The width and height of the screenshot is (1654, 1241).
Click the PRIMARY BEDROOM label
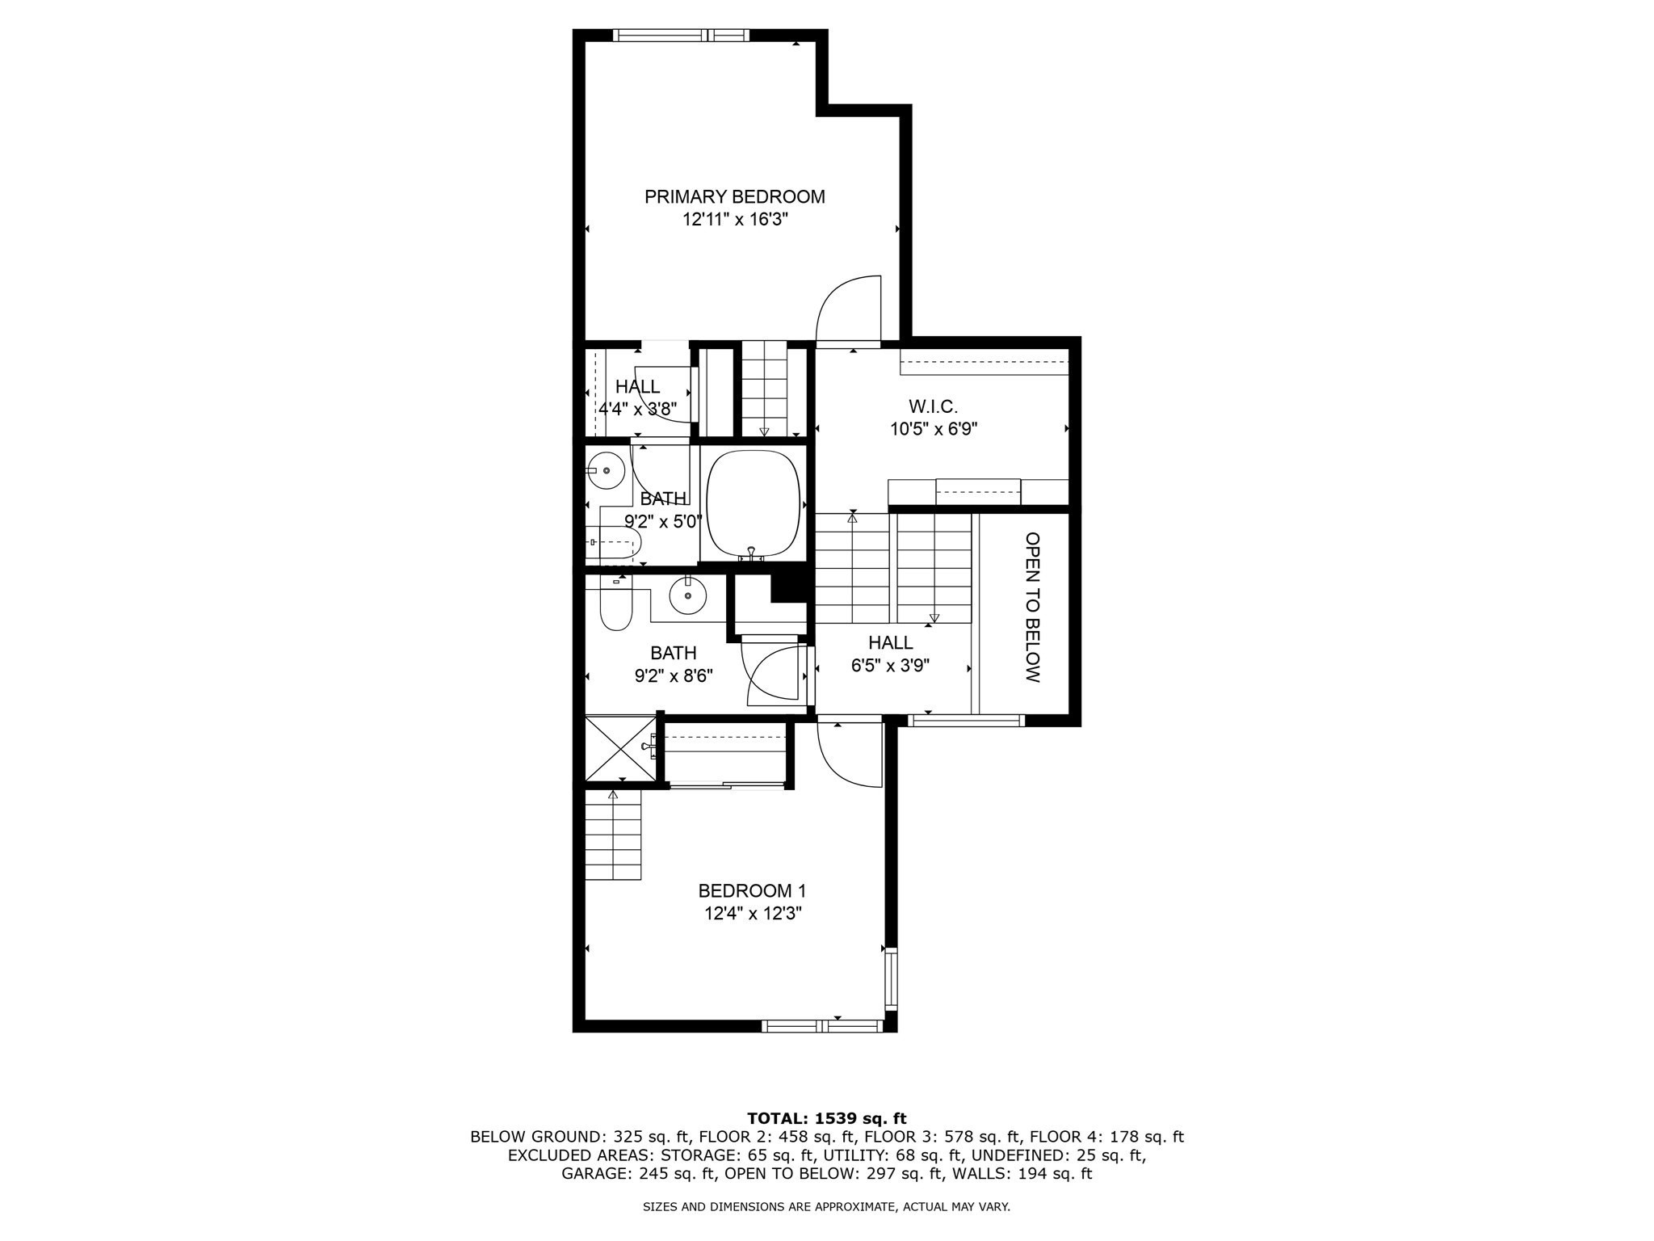click(x=734, y=196)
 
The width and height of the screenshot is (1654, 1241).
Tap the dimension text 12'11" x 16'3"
click(x=734, y=219)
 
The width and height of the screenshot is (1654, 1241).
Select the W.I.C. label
click(x=933, y=406)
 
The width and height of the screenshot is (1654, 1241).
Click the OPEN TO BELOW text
click(x=1032, y=607)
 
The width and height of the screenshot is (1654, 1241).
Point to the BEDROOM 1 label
click(x=752, y=890)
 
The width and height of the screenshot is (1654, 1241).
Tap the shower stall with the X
click(x=620, y=748)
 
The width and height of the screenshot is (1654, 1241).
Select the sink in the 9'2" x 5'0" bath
click(x=605, y=469)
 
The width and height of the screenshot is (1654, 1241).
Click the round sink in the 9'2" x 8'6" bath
click(x=687, y=596)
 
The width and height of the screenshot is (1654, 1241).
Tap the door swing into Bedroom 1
click(x=848, y=754)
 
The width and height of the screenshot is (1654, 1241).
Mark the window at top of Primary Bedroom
click(x=680, y=35)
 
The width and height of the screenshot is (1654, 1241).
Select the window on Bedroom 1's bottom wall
click(x=822, y=1026)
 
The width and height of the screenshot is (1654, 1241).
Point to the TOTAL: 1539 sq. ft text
click(x=826, y=1118)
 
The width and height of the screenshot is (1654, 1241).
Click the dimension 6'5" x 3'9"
click(x=890, y=666)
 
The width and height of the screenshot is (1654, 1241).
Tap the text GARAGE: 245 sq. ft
click(x=634, y=1173)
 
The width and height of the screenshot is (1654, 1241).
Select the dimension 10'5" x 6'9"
click(x=933, y=429)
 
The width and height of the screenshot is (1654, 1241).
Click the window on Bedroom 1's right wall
click(x=891, y=978)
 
